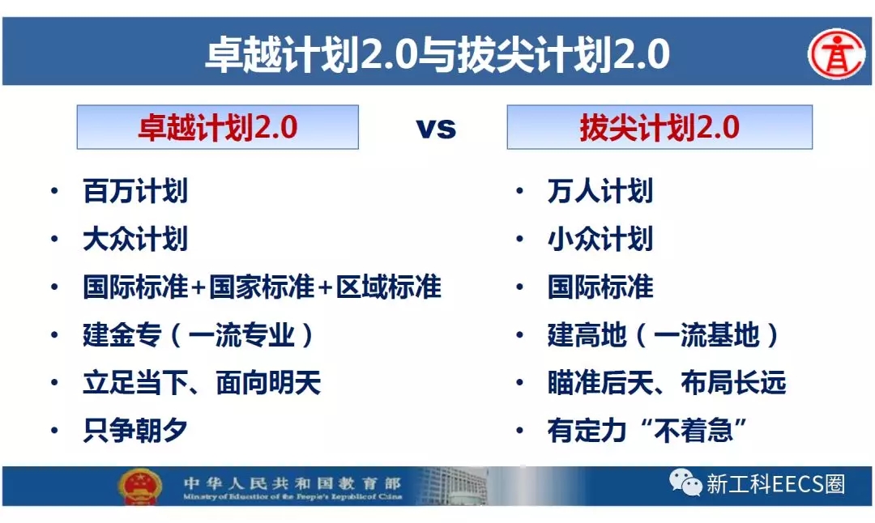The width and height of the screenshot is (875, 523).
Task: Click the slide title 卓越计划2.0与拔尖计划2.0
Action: (437, 54)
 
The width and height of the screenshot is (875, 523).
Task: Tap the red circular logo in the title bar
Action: (836, 54)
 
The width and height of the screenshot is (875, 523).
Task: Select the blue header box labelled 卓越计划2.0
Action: (218, 127)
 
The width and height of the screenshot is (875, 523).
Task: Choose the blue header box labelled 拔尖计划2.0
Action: (659, 127)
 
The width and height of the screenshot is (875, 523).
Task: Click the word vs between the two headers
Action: (437, 128)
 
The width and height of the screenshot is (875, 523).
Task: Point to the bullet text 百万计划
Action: (135, 191)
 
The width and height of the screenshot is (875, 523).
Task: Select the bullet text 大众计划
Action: (135, 239)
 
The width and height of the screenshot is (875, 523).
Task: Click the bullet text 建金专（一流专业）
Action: (198, 335)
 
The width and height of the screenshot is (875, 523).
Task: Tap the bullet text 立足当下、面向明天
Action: (202, 382)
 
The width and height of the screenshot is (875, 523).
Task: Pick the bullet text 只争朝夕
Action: (135, 431)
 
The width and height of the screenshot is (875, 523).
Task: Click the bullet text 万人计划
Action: (600, 191)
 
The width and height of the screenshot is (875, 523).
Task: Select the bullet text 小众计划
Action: (600, 239)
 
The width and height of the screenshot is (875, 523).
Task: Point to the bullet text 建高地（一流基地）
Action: (663, 335)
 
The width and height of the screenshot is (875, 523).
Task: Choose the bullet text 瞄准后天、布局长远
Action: (667, 382)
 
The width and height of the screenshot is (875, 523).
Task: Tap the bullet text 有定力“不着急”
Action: (647, 431)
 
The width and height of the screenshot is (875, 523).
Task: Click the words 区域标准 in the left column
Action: (388, 287)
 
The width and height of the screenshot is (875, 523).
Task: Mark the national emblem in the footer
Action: (140, 487)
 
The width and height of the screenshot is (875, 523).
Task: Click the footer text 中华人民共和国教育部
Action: (292, 483)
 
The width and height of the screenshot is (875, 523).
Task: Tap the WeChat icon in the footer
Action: (685, 483)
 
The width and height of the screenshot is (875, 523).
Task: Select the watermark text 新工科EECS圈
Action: (775, 484)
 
